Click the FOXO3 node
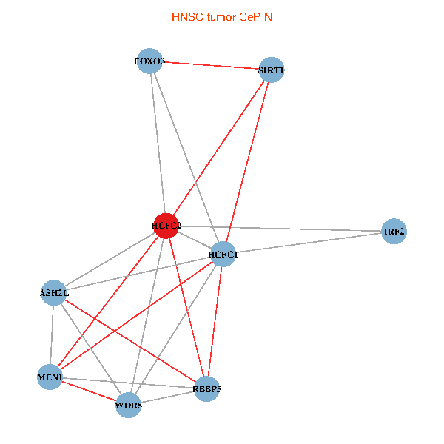click(150, 61)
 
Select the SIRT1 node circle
click(272, 70)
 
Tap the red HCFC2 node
click(166, 225)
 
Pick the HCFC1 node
click(223, 255)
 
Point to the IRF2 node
click(394, 232)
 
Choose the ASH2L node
click(54, 293)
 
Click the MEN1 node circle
click(50, 378)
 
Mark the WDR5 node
click(129, 405)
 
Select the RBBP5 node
click(207, 388)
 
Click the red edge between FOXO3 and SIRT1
click(211, 66)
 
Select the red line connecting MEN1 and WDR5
click(89, 391)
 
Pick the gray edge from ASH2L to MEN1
click(52, 335)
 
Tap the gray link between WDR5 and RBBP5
click(168, 397)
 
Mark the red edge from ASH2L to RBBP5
click(130, 340)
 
